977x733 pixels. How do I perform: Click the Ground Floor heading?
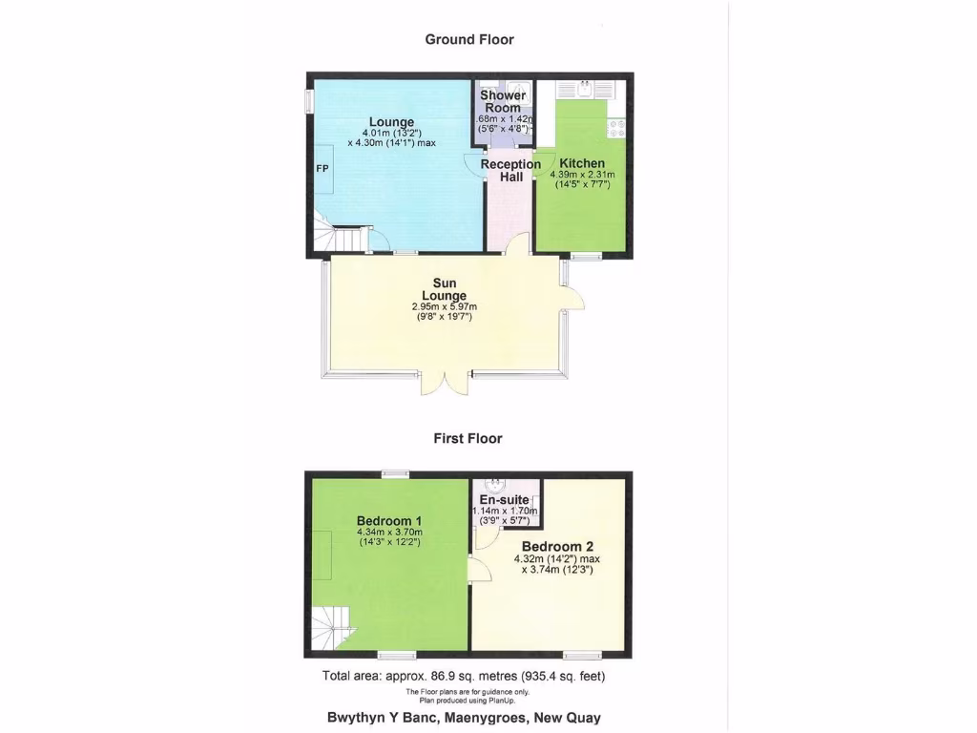(x=468, y=39)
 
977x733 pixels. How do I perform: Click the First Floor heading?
(x=468, y=438)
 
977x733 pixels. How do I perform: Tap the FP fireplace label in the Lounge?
(x=322, y=167)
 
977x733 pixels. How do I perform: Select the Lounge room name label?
(x=392, y=122)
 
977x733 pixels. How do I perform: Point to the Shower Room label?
(x=503, y=101)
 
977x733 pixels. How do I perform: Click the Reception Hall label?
(x=510, y=170)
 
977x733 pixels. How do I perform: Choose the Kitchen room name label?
(x=582, y=163)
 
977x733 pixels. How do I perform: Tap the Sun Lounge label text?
(x=444, y=289)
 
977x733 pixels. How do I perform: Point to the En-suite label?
(x=505, y=499)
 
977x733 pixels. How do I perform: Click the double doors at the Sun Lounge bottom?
(x=445, y=380)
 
